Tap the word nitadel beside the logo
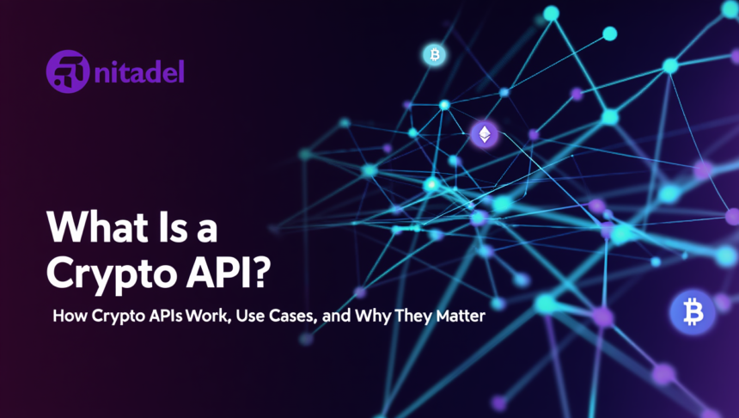pos(139,71)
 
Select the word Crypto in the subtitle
pos(115,317)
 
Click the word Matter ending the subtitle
pos(464,317)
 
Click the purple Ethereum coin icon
pos(485,134)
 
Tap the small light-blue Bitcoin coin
pos(435,55)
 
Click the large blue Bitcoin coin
pos(692,313)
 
